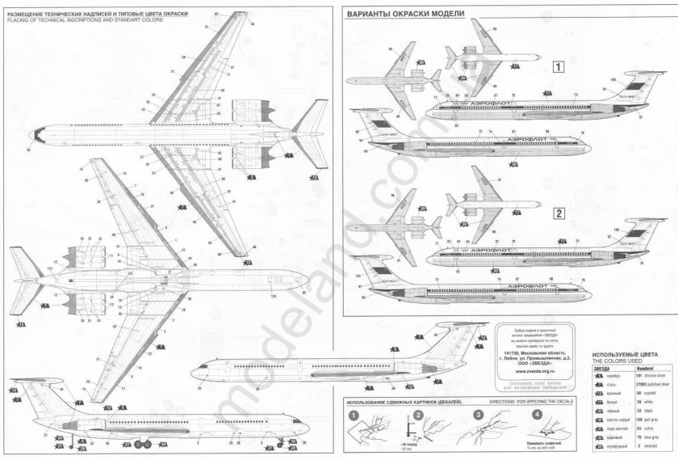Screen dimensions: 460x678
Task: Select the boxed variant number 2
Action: (x=558, y=214)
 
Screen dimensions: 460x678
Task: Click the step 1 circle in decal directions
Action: (x=352, y=415)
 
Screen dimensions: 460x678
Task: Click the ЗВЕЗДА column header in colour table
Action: (x=602, y=368)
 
